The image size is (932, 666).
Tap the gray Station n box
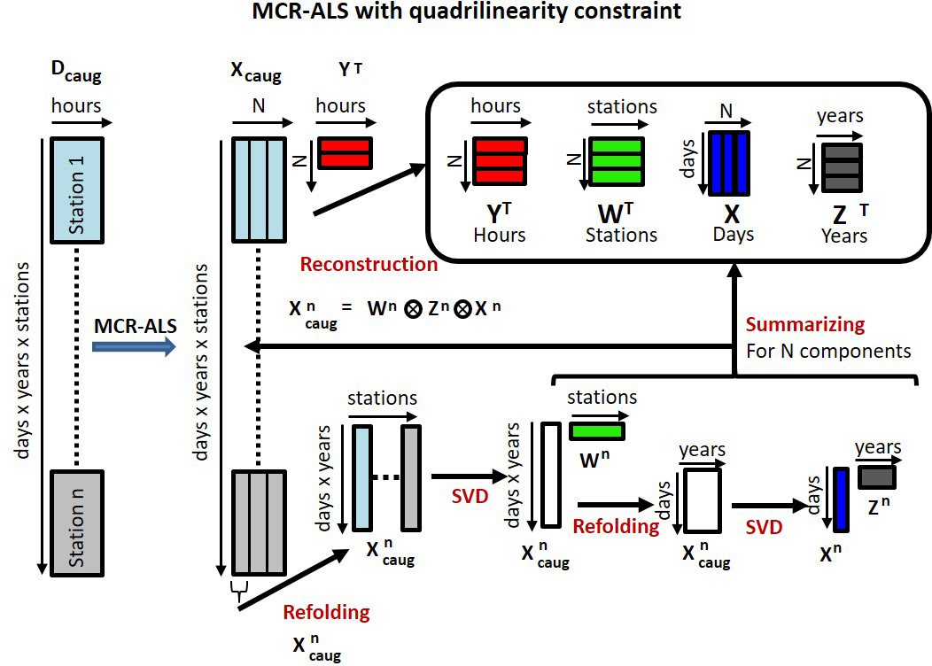pos(78,520)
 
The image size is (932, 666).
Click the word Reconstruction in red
pos(369,264)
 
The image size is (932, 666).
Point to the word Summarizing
pos(805,325)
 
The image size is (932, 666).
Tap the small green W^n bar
pos(596,430)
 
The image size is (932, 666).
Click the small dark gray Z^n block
pos(877,476)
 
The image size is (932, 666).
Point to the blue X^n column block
pos(841,500)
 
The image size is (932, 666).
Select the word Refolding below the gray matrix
pos(326,612)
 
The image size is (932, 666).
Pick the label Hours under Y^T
pos(499,236)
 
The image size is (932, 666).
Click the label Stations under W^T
pos(621,236)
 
